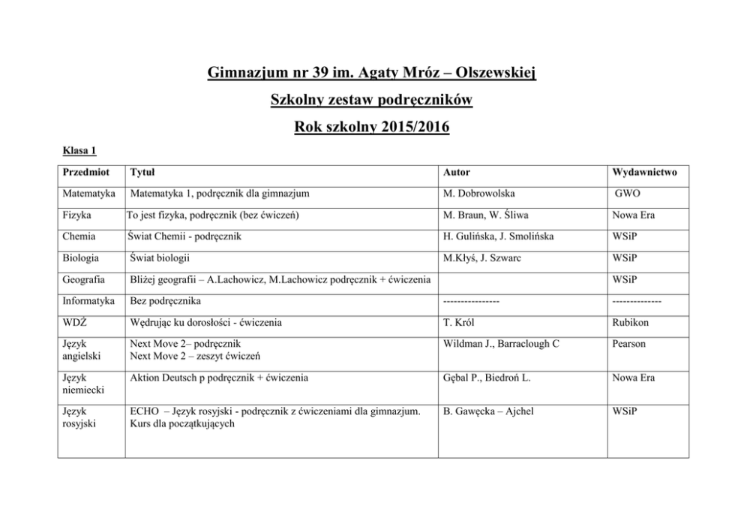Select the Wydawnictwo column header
click(644, 172)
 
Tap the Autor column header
click(457, 172)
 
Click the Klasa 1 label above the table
click(79, 149)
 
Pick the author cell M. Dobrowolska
click(479, 194)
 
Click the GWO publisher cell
click(627, 194)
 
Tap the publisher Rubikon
click(631, 323)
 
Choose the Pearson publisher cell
click(628, 344)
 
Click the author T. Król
click(460, 323)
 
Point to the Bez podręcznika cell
click(165, 301)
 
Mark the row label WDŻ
click(75, 323)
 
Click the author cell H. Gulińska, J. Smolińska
click(498, 236)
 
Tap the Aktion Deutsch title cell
click(218, 378)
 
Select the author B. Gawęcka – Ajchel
click(488, 411)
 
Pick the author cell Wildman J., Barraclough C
click(502, 344)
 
